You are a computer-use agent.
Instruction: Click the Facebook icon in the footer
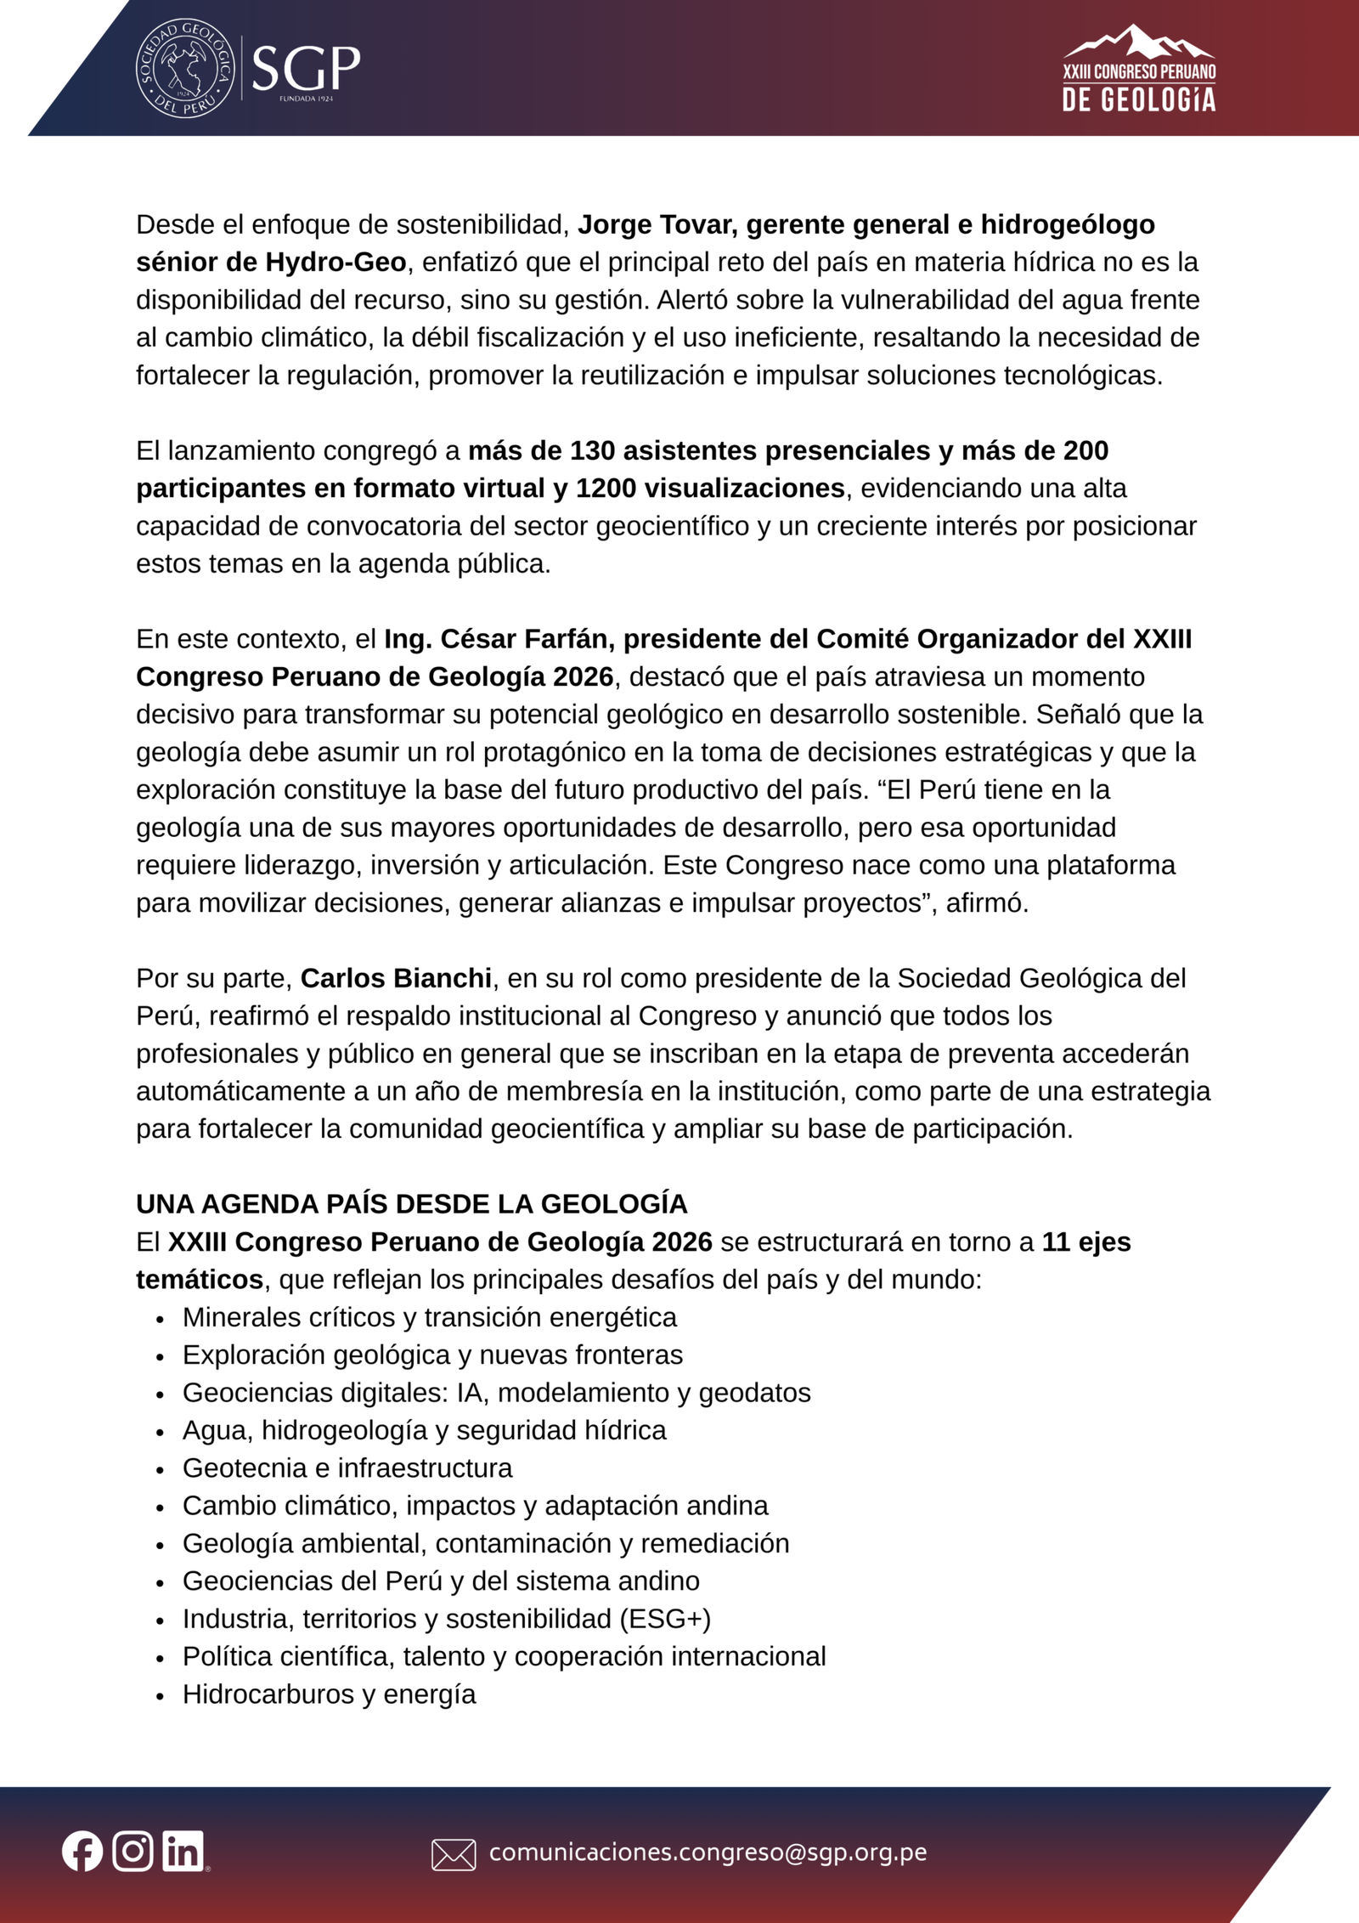click(82, 1852)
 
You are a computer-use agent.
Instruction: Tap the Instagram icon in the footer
click(133, 1851)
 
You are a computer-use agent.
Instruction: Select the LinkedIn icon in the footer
click(183, 1851)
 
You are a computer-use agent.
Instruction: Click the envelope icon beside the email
click(454, 1854)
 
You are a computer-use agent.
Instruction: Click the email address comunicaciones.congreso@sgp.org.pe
click(708, 1852)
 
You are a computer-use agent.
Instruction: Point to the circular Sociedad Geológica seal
click(186, 68)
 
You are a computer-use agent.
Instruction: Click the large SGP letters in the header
click(306, 68)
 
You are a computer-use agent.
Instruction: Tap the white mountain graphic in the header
click(1138, 42)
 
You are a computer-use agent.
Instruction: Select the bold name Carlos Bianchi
click(396, 978)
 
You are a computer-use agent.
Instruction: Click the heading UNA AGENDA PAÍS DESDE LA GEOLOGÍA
click(412, 1204)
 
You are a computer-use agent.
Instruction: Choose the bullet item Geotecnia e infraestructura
click(347, 1468)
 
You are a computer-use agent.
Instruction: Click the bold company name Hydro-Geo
click(336, 262)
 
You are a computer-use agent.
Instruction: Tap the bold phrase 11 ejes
click(1086, 1241)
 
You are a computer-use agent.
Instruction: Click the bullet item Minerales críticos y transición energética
click(429, 1317)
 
